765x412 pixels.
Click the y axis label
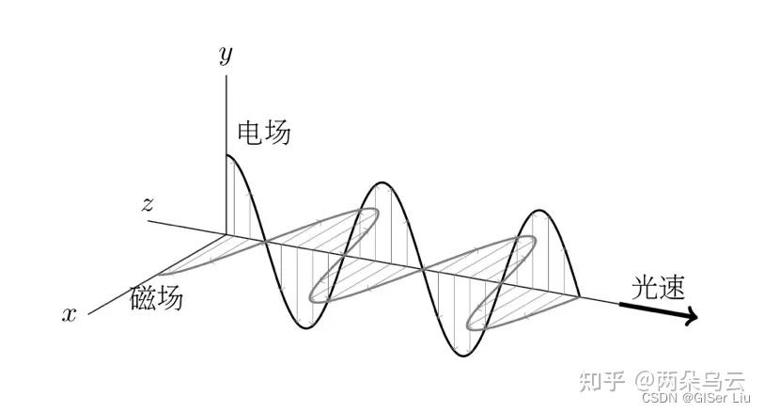coord(226,55)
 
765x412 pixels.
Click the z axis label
coord(147,204)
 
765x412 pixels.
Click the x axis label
coord(69,314)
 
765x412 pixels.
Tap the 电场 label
coord(264,134)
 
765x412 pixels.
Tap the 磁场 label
coord(156,298)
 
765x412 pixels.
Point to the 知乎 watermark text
coord(601,381)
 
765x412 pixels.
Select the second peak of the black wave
coord(381,182)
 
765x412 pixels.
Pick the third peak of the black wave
coord(539,209)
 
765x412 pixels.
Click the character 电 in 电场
coord(250,134)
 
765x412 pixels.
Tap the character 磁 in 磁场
coord(142,298)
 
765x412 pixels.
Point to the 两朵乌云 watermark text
coord(701,381)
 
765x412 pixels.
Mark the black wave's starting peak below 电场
coord(228,155)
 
